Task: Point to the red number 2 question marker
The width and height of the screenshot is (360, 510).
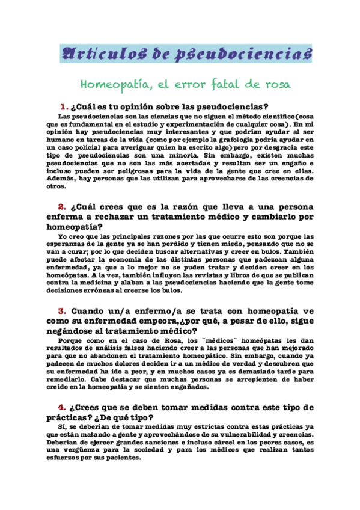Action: tap(53, 207)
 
